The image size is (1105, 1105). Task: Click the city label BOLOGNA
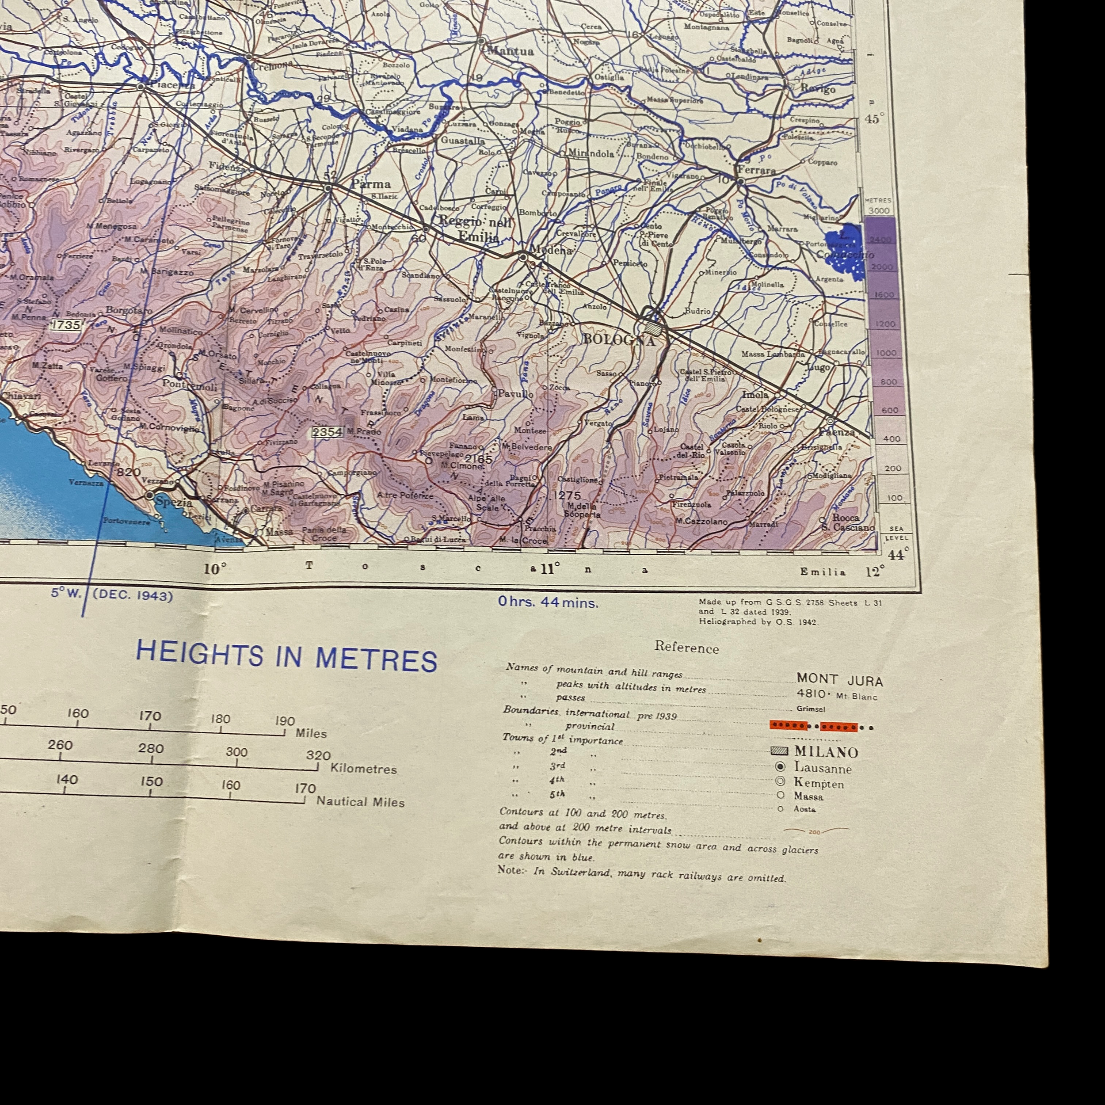(x=618, y=339)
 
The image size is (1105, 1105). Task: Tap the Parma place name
(x=371, y=184)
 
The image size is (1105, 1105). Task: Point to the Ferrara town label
(x=756, y=170)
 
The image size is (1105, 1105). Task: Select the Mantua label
(x=510, y=51)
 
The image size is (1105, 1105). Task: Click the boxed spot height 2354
(x=327, y=432)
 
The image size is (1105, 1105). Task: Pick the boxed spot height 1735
(x=66, y=325)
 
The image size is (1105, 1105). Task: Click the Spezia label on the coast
(x=173, y=502)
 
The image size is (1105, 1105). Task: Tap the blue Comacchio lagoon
(x=844, y=251)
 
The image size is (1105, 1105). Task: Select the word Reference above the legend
(x=686, y=648)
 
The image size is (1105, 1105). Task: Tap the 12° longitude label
(x=874, y=572)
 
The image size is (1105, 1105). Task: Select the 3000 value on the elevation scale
(x=879, y=210)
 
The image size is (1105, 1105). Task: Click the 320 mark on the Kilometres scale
(x=318, y=755)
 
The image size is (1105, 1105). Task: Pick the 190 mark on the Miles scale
(x=284, y=721)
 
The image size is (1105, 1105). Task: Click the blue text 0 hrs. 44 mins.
(x=547, y=602)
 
